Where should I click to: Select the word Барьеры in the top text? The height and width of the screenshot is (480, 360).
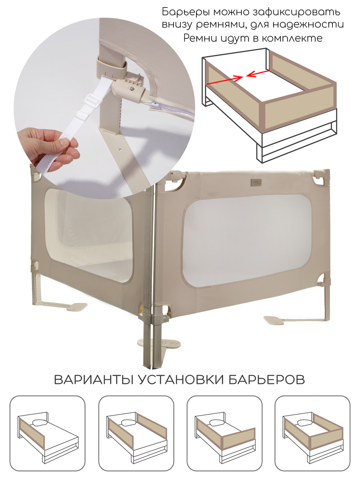click(186, 12)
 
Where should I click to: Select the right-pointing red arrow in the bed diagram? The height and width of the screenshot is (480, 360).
click(225, 80)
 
